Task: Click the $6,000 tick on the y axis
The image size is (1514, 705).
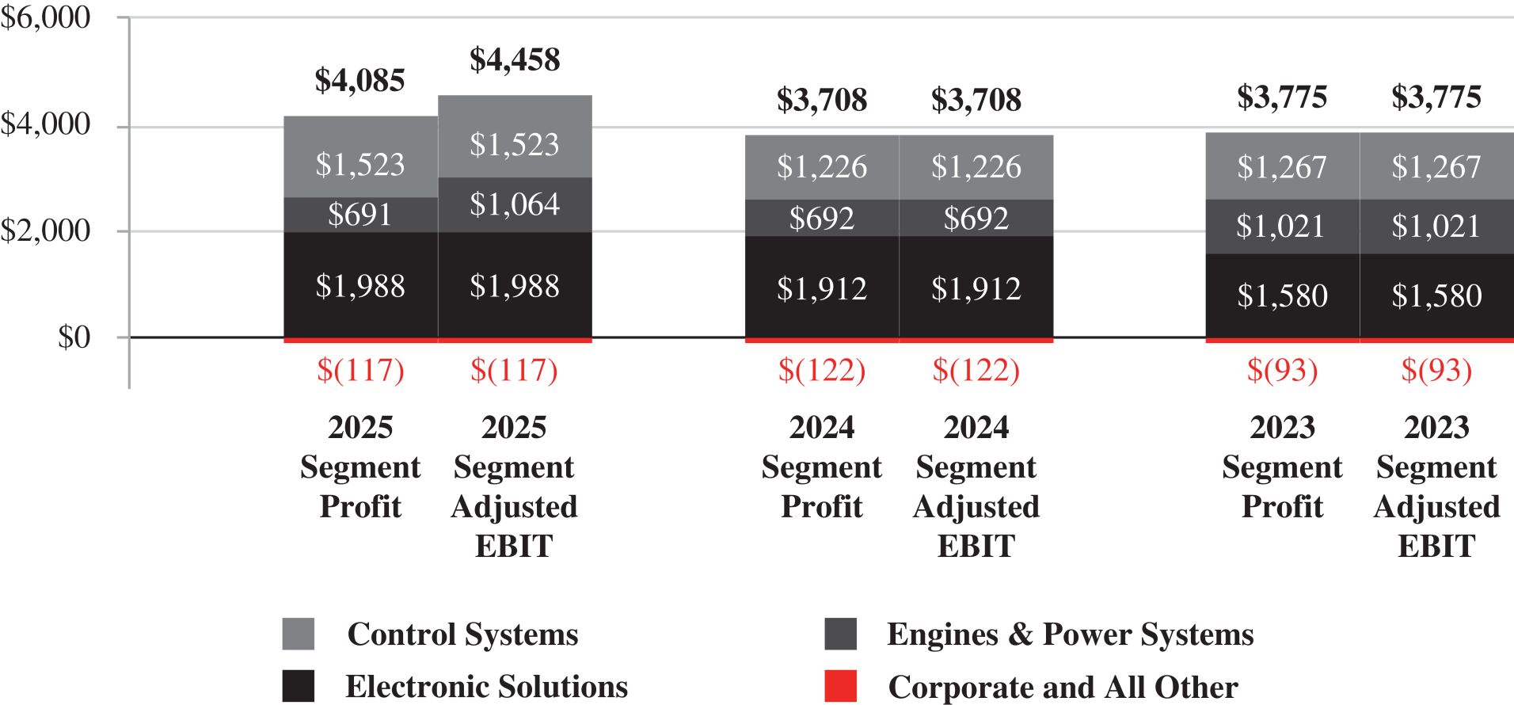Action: click(x=45, y=17)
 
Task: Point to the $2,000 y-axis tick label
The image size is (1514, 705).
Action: click(x=45, y=231)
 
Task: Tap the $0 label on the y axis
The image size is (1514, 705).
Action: click(x=74, y=337)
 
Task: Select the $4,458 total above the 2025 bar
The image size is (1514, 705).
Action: click(x=515, y=60)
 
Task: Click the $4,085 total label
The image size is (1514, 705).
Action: click(x=360, y=81)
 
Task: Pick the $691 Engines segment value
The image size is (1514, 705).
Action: click(x=360, y=215)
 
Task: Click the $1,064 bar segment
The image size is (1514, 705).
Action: click(x=515, y=204)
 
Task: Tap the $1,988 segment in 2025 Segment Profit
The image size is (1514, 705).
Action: click(x=360, y=285)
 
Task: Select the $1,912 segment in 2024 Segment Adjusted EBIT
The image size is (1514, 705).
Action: click(x=976, y=287)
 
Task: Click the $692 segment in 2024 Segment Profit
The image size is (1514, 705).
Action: click(x=822, y=218)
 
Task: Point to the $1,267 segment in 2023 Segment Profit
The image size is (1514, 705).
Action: click(x=1283, y=166)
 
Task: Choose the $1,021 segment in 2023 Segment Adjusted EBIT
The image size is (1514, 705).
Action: click(x=1437, y=227)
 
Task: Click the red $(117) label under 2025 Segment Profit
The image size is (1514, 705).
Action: click(x=360, y=370)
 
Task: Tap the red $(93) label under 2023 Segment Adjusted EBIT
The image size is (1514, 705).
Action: click(x=1437, y=370)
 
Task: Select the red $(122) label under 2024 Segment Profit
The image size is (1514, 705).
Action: click(x=822, y=370)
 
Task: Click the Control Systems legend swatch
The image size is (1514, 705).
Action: click(x=299, y=634)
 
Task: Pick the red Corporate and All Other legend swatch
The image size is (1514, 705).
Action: click(x=841, y=686)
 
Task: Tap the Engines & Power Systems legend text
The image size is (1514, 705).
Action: click(x=1071, y=634)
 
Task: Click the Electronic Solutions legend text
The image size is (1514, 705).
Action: click(x=487, y=687)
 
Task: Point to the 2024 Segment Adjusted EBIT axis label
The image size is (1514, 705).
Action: click(x=976, y=486)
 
